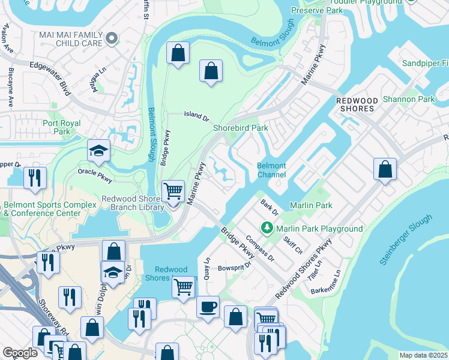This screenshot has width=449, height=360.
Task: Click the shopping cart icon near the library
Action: click(x=173, y=191)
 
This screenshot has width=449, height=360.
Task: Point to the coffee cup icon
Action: click(x=208, y=306)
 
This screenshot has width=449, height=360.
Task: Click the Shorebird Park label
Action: click(x=240, y=127)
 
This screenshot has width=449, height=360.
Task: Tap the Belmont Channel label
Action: click(x=271, y=170)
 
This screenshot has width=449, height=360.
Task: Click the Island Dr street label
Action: click(x=196, y=115)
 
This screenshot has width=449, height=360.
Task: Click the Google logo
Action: click(x=20, y=353)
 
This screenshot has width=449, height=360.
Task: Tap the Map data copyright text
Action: click(x=423, y=355)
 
